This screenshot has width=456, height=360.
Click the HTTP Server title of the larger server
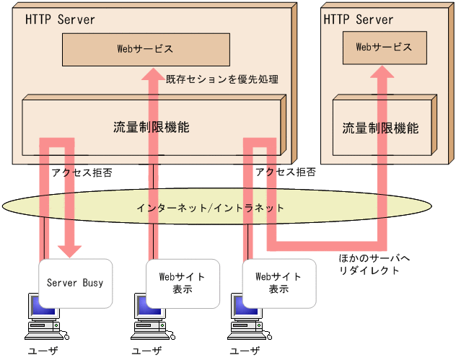tap(60, 19)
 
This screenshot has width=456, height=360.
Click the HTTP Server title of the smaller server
tap(358, 19)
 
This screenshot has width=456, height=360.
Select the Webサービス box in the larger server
tap(145, 49)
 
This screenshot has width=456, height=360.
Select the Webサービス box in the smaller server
tap(384, 47)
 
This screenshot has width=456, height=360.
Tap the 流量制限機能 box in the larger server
tap(151, 127)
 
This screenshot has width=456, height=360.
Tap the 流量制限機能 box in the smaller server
tap(380, 128)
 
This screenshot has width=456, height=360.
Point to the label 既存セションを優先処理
tap(222, 79)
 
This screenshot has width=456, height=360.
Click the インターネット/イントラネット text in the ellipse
tap(210, 208)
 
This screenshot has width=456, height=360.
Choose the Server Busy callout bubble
tap(75, 281)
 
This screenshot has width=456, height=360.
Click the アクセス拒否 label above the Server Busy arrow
tap(82, 173)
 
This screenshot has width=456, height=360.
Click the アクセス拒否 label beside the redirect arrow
tap(285, 173)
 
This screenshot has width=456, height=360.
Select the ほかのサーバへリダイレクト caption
tap(369, 264)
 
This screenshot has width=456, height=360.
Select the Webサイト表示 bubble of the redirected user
tap(278, 283)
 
